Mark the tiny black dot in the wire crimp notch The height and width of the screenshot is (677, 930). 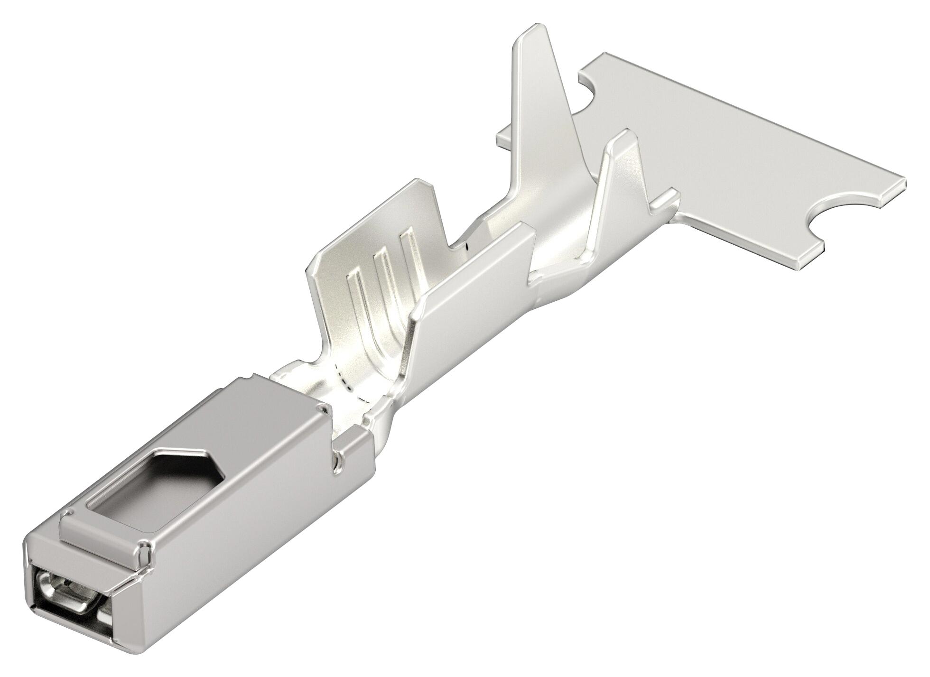pyautogui.click(x=467, y=246)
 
